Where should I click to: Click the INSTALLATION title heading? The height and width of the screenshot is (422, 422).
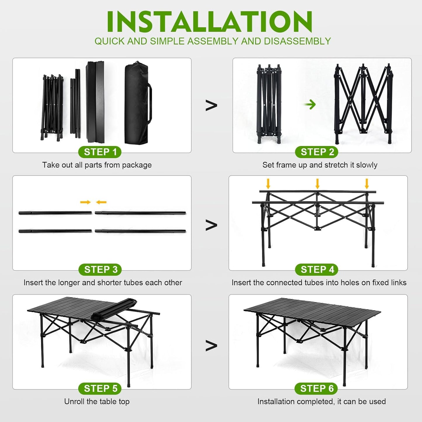point(210,22)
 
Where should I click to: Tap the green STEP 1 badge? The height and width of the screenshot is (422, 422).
point(100,152)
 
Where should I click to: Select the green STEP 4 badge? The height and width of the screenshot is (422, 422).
point(317,269)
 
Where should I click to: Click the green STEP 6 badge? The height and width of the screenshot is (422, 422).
point(317,388)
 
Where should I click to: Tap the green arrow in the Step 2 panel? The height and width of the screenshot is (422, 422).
point(310,104)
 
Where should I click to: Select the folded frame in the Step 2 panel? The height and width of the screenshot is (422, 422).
point(269,104)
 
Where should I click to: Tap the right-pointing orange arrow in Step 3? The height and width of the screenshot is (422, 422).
point(85,202)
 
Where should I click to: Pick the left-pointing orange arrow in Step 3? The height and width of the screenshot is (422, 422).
point(101,202)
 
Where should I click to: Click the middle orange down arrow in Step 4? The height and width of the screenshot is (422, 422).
point(317,184)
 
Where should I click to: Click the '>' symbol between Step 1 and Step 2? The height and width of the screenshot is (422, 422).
point(211,105)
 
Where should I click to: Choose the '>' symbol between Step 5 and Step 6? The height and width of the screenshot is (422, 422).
point(211,345)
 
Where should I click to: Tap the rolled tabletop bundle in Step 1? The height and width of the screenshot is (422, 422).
point(95,102)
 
